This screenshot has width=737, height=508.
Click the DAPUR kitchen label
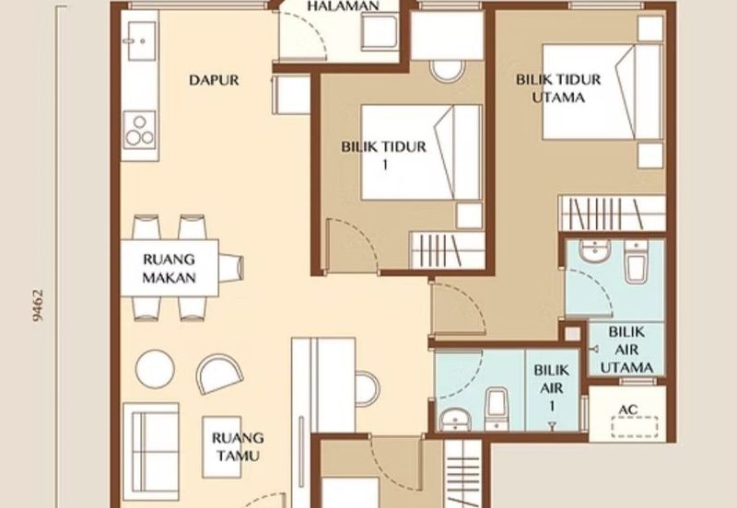coord(214,80)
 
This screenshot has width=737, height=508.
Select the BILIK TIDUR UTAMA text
coord(558,88)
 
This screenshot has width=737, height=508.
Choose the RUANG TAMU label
coord(237,446)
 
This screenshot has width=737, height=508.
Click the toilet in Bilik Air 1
coord(497,405)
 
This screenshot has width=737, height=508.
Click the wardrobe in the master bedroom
coord(612,214)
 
